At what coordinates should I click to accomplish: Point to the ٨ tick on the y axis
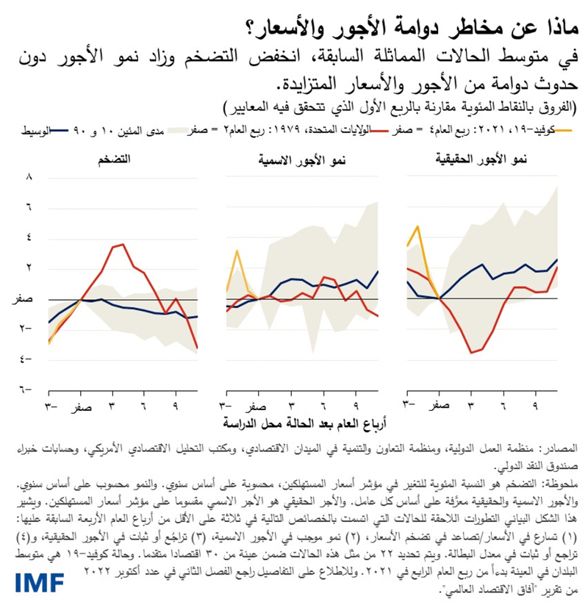[x=29, y=177]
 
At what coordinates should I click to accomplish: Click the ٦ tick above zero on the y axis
[x=29, y=208]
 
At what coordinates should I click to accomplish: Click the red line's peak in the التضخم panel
[x=122, y=245]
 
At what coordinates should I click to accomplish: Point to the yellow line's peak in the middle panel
[x=237, y=251]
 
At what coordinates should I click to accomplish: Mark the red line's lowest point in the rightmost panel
[x=471, y=353]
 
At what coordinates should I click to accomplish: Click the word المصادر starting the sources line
[x=559, y=448]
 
